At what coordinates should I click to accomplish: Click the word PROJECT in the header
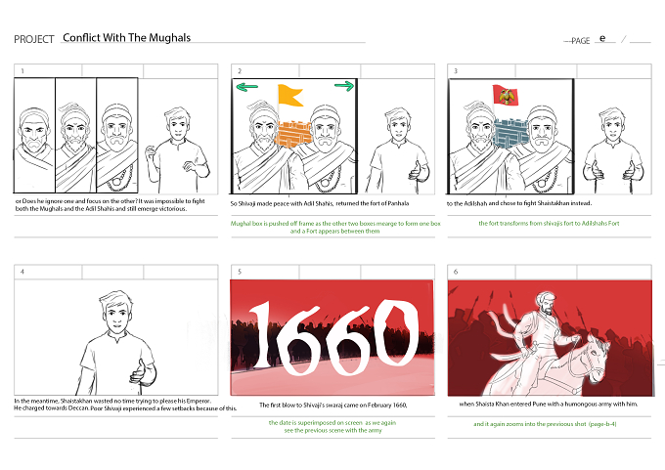(x=34, y=39)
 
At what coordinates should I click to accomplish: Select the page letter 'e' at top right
(x=602, y=38)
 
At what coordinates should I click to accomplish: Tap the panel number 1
(x=22, y=71)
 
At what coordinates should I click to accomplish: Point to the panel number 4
(x=22, y=272)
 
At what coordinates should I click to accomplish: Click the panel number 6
(x=456, y=272)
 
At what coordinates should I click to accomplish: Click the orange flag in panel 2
(x=290, y=95)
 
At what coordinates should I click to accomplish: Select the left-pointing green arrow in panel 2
(x=246, y=87)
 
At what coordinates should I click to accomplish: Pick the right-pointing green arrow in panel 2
(x=344, y=86)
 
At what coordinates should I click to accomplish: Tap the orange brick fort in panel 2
(x=294, y=134)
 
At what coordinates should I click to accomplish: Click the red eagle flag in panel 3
(x=506, y=95)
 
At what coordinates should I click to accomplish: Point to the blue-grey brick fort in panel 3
(x=511, y=134)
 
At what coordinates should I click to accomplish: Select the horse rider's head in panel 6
(x=546, y=304)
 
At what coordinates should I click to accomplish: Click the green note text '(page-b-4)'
(x=601, y=424)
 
